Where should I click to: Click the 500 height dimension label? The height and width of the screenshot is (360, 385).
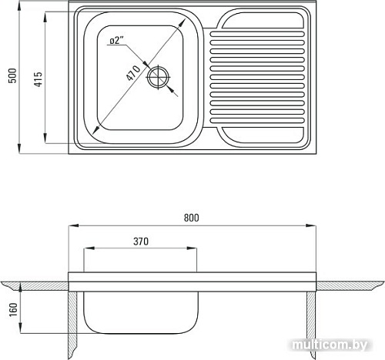click(x=12, y=75)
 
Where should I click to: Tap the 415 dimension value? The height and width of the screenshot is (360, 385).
click(x=38, y=79)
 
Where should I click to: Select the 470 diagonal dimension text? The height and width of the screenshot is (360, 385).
click(x=133, y=73)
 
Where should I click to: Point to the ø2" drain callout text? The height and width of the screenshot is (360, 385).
click(x=116, y=41)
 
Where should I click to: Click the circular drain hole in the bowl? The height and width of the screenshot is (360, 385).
click(x=159, y=77)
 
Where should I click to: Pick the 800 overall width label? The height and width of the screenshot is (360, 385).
click(x=191, y=218)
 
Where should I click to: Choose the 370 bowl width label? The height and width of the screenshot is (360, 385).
click(x=141, y=242)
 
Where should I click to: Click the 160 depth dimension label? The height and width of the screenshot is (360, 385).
click(x=13, y=309)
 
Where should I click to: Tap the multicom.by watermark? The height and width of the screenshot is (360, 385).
click(x=330, y=345)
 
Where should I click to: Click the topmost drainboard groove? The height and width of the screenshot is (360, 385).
click(x=257, y=34)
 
